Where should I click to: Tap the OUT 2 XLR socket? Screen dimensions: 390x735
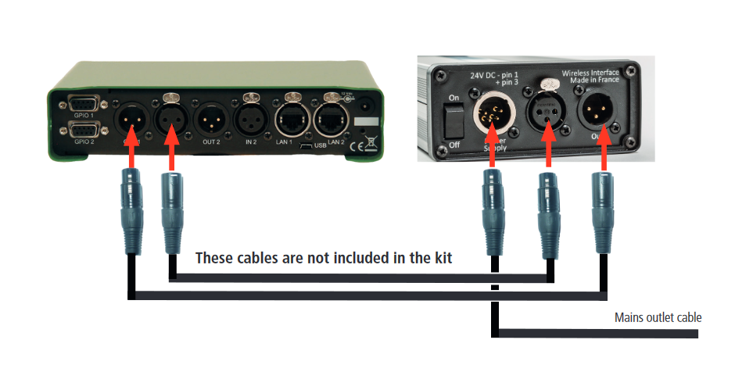pyautogui.click(x=210, y=120)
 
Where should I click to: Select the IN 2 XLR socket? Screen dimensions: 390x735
pyautogui.click(x=250, y=120)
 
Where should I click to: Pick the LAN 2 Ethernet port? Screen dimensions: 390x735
pyautogui.click(x=331, y=120)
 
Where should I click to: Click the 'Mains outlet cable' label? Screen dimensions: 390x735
pyautogui.click(x=658, y=317)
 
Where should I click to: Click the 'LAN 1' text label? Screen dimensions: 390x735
pyautogui.click(x=285, y=143)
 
